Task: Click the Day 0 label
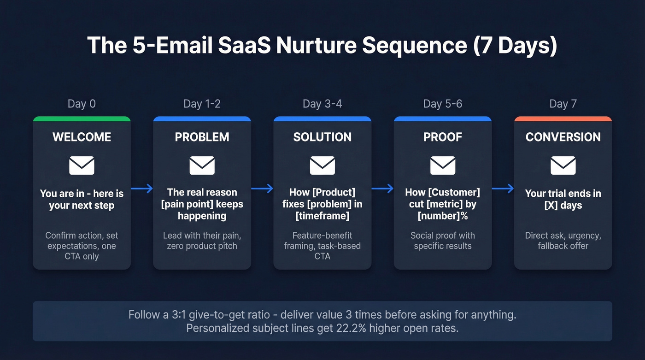(82, 104)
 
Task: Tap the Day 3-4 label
(322, 104)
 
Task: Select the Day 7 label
(563, 104)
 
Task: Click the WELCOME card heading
(82, 137)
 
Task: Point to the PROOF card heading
(442, 137)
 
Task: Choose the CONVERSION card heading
(563, 137)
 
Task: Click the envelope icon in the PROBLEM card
(202, 165)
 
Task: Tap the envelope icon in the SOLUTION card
(322, 165)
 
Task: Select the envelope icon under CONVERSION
(563, 165)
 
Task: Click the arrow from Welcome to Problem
(142, 188)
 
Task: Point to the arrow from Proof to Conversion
(503, 188)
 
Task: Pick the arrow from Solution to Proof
(382, 188)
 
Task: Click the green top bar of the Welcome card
(82, 119)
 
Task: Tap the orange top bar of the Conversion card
(563, 119)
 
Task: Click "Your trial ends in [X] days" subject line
(563, 199)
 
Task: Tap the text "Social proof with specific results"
(442, 241)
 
